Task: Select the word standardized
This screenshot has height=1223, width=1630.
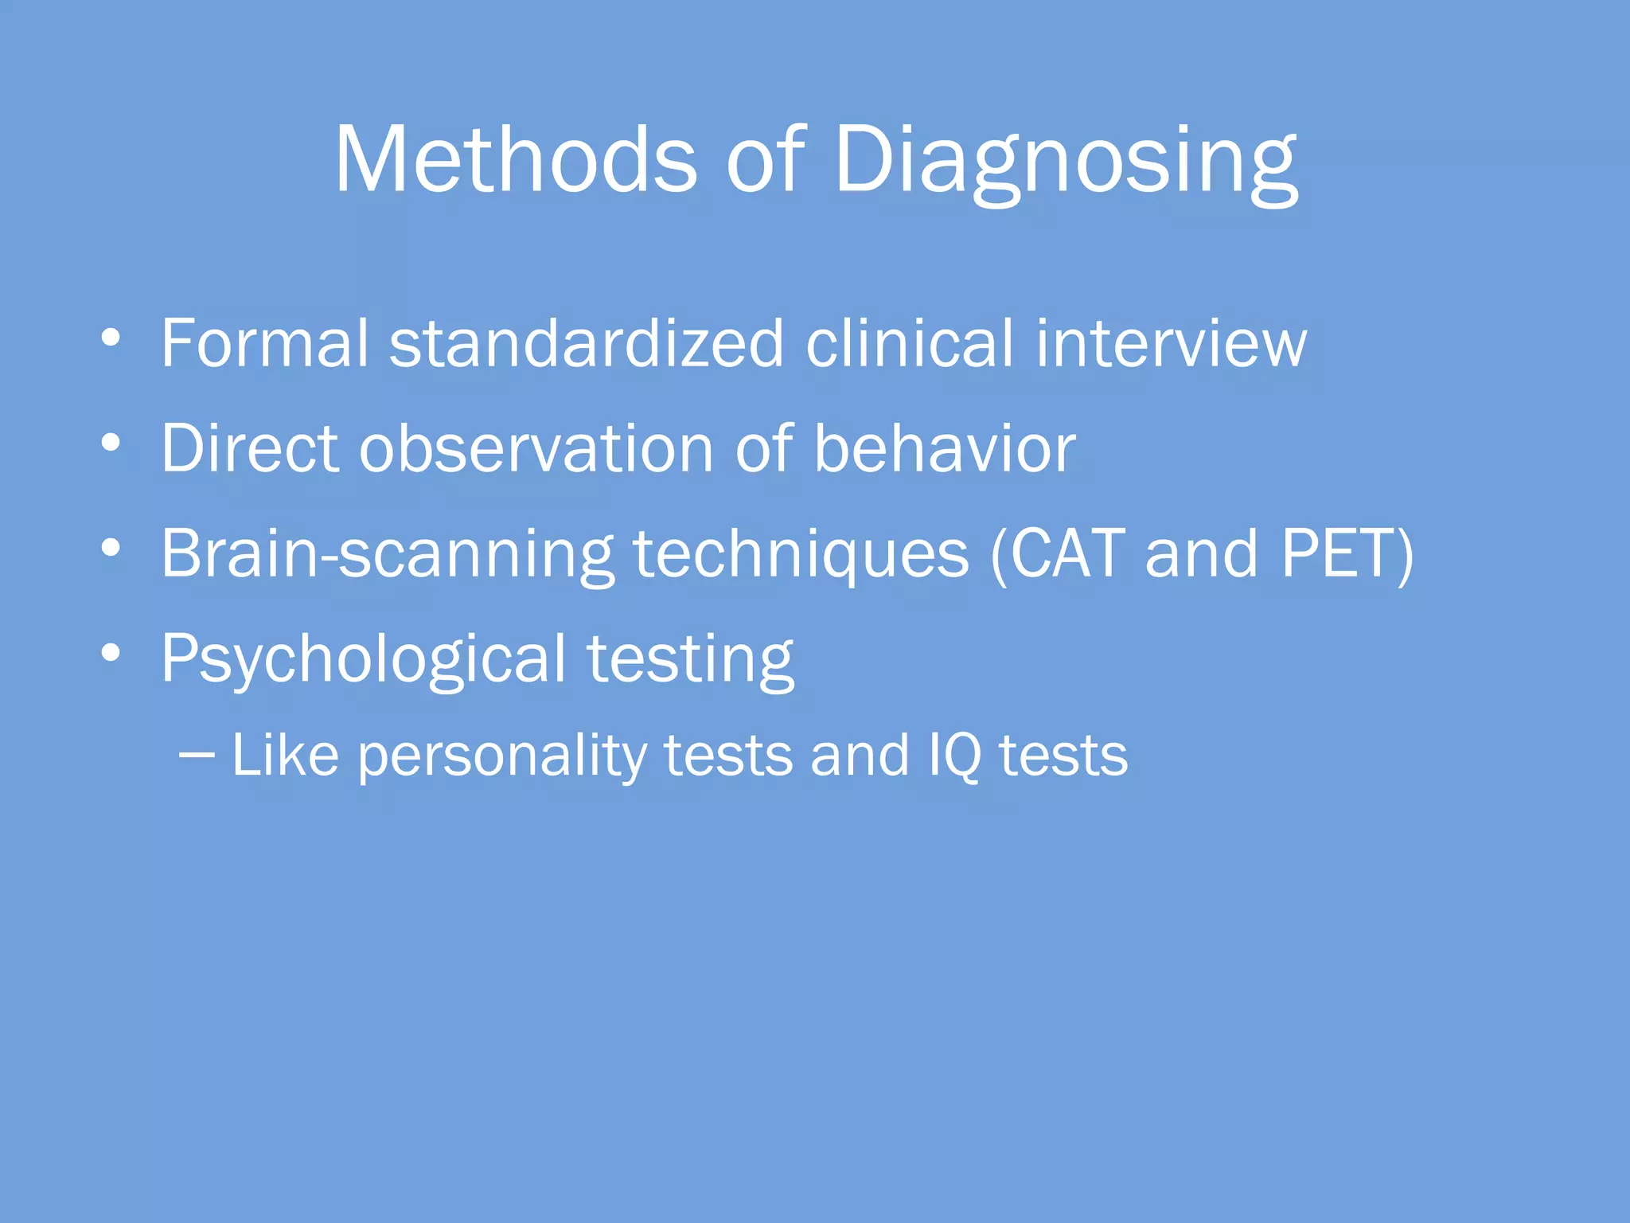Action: coord(587,344)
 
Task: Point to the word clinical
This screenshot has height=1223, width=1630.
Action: coord(910,344)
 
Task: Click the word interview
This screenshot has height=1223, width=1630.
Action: coord(1171,344)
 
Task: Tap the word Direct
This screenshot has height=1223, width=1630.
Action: coord(250,449)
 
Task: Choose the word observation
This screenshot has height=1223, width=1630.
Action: coord(536,449)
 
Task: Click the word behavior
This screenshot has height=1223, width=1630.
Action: coord(944,449)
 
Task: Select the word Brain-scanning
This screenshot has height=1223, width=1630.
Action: coord(387,554)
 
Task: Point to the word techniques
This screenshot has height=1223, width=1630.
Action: coord(801,554)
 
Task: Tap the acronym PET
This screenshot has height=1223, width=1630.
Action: coord(1337,554)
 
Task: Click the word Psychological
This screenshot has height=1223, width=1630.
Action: coord(363,659)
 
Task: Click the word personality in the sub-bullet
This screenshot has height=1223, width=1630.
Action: coord(501,756)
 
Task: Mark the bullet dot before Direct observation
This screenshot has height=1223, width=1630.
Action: coord(111,443)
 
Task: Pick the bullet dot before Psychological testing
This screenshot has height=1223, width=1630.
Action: coord(111,653)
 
